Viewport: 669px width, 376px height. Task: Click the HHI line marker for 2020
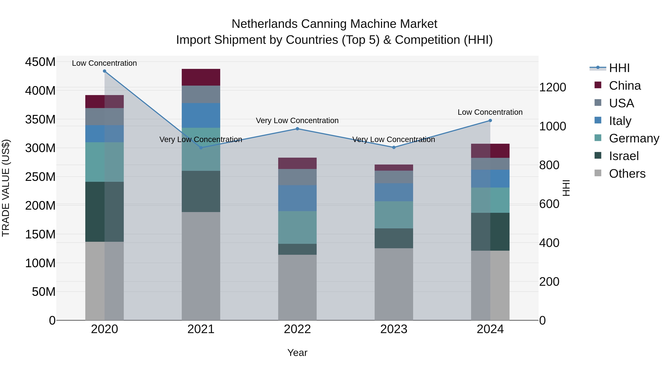click(x=104, y=71)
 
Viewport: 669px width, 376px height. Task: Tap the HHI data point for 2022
click(x=297, y=129)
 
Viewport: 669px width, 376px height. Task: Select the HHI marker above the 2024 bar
click(x=490, y=120)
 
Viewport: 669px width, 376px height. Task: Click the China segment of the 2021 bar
click(x=201, y=77)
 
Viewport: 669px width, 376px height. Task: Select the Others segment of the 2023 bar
click(x=394, y=284)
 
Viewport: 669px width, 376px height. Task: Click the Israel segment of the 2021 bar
click(x=201, y=191)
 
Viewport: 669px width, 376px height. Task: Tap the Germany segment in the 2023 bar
click(x=394, y=215)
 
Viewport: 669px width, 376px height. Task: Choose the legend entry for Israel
click(x=623, y=156)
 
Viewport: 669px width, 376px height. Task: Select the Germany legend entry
click(x=634, y=138)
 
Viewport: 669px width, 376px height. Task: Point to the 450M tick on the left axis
click(x=40, y=62)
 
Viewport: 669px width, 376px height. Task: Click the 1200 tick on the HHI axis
click(x=552, y=87)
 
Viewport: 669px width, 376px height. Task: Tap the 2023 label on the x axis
click(x=394, y=329)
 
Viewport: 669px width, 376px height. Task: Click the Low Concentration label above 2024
click(x=490, y=112)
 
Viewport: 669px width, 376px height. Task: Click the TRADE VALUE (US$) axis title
click(x=6, y=188)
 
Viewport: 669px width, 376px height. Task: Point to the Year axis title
click(x=297, y=353)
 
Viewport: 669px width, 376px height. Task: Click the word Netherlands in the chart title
click(x=264, y=24)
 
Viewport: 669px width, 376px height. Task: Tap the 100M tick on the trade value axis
click(x=40, y=263)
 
